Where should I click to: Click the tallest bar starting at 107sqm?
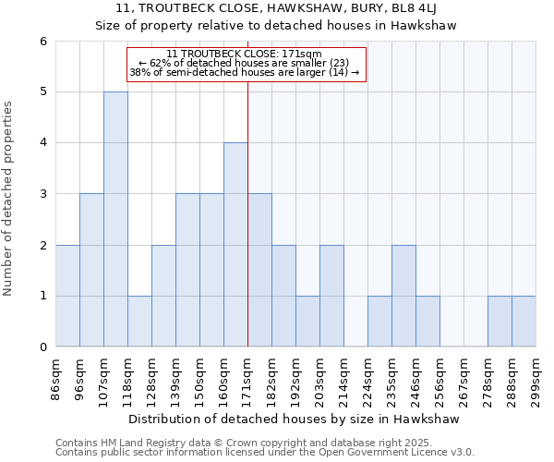coord(115,219)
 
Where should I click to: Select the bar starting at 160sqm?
coord(235,245)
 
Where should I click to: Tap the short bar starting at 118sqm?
coord(139,322)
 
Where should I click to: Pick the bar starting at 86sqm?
coord(67,296)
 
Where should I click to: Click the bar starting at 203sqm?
coord(331,296)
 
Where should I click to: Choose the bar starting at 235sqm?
coord(403,296)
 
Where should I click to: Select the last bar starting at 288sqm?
coord(524,322)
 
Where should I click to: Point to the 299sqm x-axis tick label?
coord(536,376)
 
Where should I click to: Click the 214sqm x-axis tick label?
coord(343,376)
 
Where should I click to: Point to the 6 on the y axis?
coord(42,42)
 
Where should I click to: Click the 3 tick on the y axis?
coord(42,194)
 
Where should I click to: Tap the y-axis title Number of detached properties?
coord(9,199)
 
